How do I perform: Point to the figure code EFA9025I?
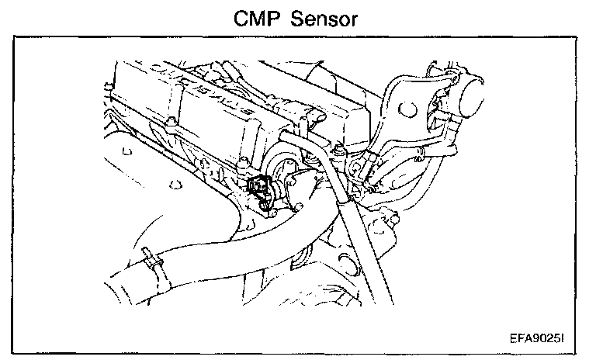540,339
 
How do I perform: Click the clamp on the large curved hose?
152,261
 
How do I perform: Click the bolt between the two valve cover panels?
168,123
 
